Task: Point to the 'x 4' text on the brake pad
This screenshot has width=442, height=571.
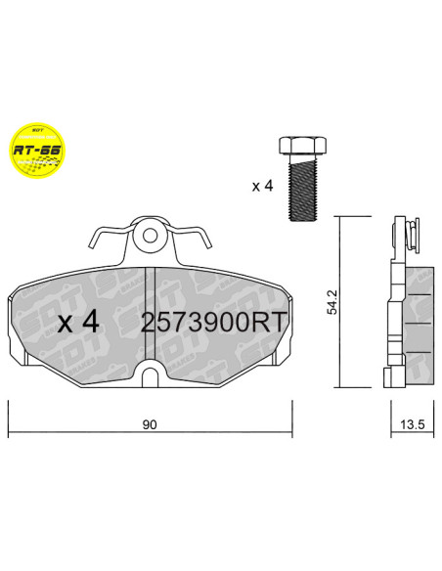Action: (78, 323)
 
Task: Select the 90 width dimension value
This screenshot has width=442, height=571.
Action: (150, 424)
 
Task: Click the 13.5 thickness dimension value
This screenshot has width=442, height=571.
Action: (412, 424)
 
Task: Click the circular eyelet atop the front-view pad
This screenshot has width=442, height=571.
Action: (150, 236)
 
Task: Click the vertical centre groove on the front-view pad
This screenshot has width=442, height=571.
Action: (156, 313)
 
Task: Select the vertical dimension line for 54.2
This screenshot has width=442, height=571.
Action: (340, 303)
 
